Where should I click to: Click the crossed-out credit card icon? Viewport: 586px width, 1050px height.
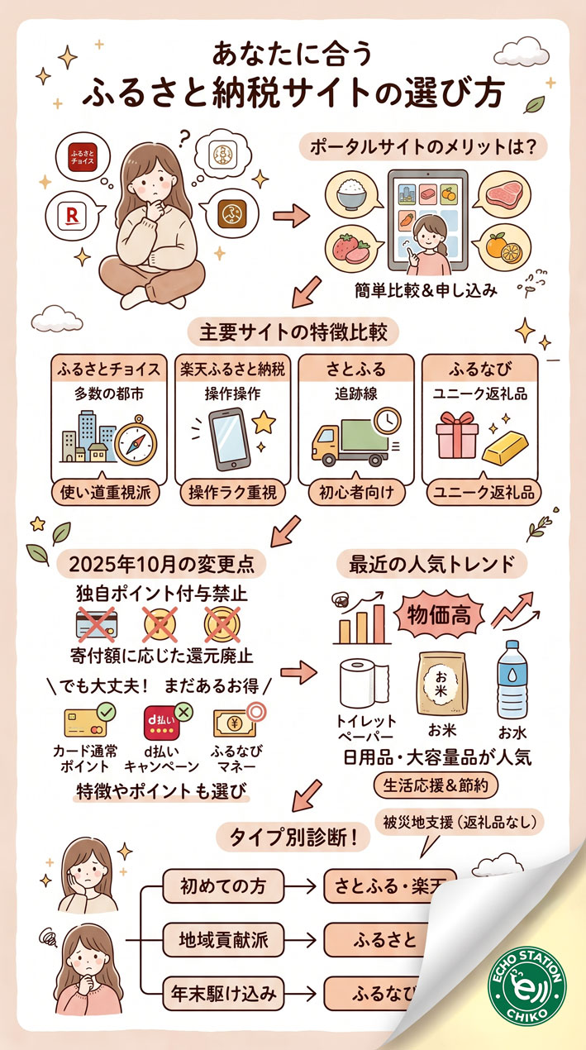coord(96,623)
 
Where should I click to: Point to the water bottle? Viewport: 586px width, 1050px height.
coord(510,680)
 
